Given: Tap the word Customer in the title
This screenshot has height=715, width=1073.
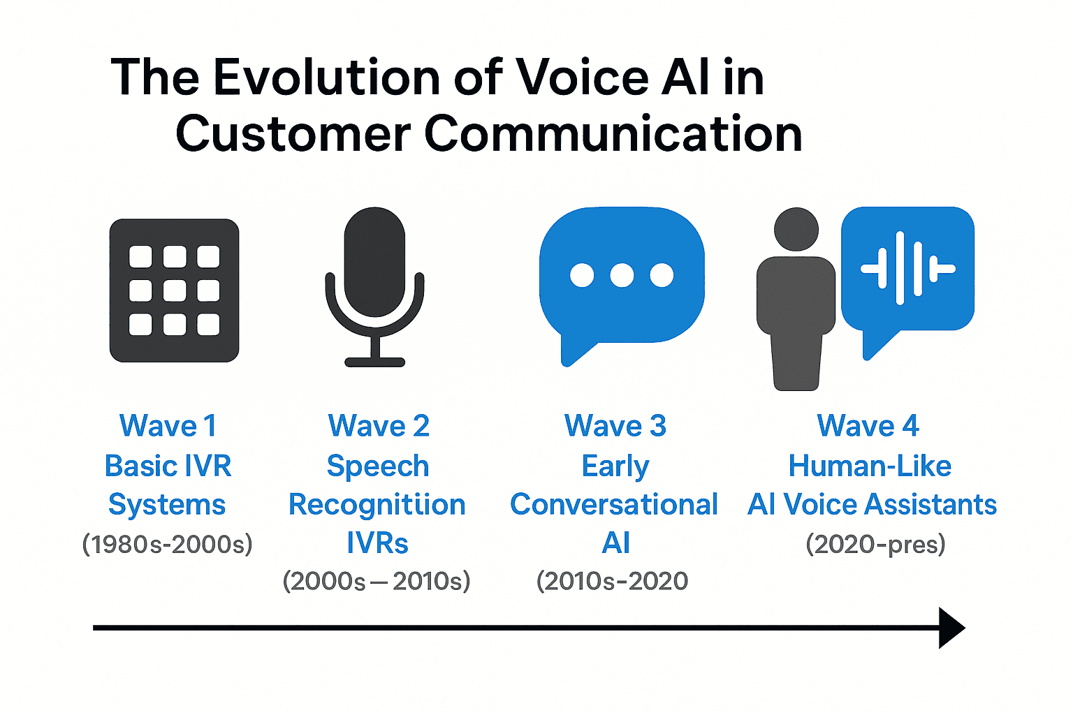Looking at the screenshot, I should click(x=293, y=134).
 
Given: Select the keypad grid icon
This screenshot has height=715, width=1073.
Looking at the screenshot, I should click(x=175, y=290).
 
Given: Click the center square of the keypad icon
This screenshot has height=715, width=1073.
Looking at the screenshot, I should click(x=175, y=290).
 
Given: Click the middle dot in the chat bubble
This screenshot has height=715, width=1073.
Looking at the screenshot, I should click(x=622, y=275).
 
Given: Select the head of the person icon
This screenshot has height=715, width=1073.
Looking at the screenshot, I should click(x=796, y=229).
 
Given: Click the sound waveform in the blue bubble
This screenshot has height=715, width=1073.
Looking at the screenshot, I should click(x=907, y=268).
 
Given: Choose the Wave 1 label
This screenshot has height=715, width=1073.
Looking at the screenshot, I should click(x=168, y=426).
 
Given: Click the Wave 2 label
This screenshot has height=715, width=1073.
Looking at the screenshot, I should click(x=379, y=426).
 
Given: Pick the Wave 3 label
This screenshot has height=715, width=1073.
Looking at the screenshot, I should click(x=615, y=426).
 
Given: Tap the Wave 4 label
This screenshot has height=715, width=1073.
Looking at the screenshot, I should click(x=868, y=426).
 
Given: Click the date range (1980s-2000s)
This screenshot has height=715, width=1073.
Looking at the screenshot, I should click(x=167, y=544).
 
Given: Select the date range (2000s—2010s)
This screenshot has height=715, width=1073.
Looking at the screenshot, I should click(x=377, y=581).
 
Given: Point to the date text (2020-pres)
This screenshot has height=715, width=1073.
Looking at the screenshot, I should click(x=875, y=544).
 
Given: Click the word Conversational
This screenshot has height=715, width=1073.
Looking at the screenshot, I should click(x=614, y=505).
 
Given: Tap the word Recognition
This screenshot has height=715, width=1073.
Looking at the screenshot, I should click(x=377, y=505).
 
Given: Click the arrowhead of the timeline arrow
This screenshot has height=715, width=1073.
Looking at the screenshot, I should click(x=951, y=628).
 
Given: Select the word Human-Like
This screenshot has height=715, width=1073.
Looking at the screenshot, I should click(x=870, y=466).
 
